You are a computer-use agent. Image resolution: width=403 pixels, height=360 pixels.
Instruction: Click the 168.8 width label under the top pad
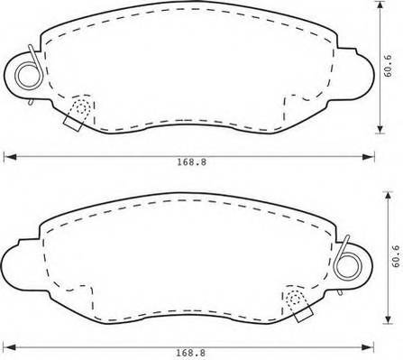coord(191,162)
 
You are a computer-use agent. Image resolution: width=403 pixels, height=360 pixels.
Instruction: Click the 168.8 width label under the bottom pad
coord(191,353)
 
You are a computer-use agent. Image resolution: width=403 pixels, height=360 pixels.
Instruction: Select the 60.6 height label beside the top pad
coord(388,66)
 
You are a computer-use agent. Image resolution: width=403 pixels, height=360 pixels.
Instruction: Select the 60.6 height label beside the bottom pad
coord(396,256)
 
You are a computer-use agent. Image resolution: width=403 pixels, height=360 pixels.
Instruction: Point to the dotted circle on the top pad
coord(82,107)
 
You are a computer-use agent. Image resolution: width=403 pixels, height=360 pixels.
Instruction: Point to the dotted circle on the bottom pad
coord(294,299)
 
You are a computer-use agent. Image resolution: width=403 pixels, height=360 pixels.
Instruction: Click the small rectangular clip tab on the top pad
coord(72,124)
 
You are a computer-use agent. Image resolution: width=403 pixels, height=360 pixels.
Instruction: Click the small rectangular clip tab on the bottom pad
coord(304,315)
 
